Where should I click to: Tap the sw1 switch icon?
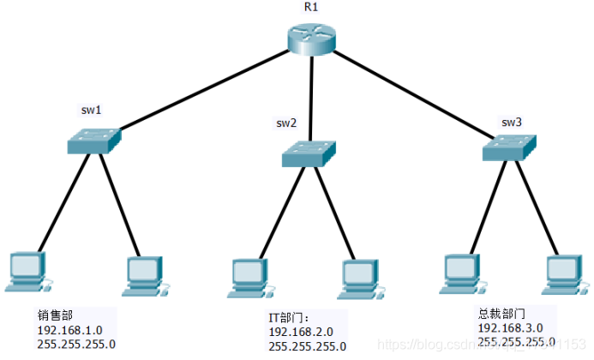(94, 141)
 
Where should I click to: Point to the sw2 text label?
(286, 123)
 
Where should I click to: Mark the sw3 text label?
(512, 121)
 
